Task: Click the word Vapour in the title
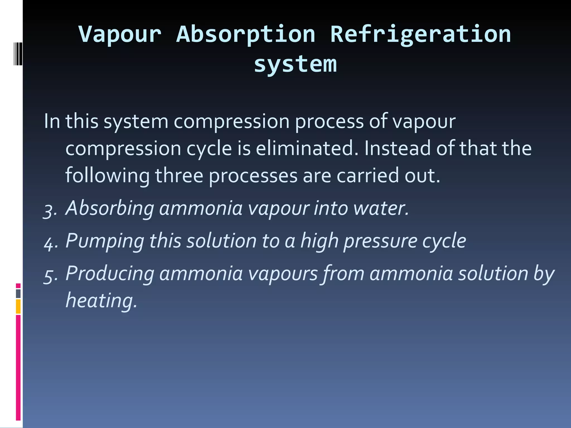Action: (x=120, y=34)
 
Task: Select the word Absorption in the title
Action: (x=246, y=34)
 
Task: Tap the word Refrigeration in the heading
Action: (x=420, y=34)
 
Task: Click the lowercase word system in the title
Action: (x=295, y=64)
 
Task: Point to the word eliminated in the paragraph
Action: (x=307, y=148)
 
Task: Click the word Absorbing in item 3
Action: (x=110, y=208)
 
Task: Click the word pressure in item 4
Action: (x=380, y=241)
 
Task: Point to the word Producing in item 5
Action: (x=110, y=274)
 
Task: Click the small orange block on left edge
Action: (x=18, y=307)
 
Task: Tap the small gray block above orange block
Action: (x=18, y=294)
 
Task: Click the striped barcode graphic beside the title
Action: (x=18, y=54)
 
